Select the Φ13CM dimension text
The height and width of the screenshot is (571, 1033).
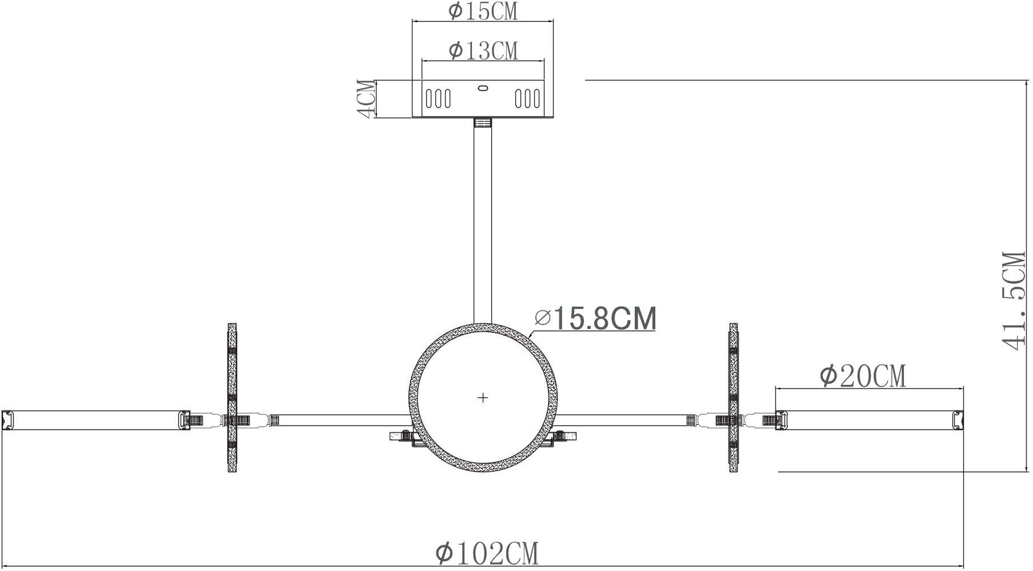click(x=483, y=50)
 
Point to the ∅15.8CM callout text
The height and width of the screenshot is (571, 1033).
click(x=595, y=319)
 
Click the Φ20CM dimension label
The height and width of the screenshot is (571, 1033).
click(x=863, y=376)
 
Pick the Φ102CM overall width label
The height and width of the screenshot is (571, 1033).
click(x=487, y=553)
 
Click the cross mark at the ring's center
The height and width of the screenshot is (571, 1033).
click(x=483, y=397)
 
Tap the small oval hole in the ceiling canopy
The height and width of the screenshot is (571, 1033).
click(x=483, y=89)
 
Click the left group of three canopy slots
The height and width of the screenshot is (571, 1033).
click(x=438, y=98)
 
